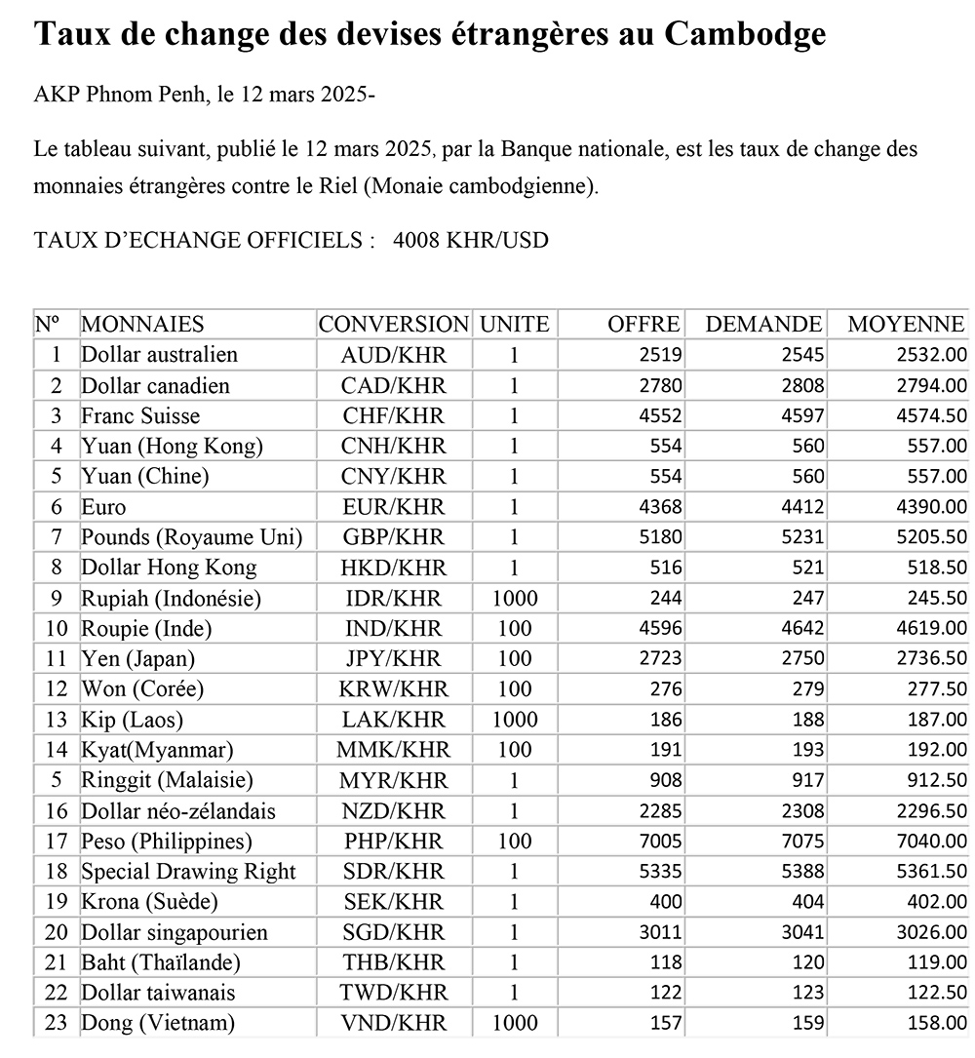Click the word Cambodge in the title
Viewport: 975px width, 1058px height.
746,34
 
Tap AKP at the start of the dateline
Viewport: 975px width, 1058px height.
54,97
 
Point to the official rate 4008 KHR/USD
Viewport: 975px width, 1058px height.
471,241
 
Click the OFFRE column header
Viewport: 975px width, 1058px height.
643,325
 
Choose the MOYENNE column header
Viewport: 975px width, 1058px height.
907,325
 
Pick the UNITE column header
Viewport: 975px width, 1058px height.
514,325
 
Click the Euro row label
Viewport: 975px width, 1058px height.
103,507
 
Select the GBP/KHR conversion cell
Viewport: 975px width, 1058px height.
393,537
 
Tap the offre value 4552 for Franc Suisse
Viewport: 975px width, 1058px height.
659,416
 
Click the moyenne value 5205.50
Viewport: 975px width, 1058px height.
931,537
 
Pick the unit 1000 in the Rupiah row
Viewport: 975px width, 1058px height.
514,598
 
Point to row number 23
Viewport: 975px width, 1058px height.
56,1023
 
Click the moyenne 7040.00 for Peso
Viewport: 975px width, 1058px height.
931,842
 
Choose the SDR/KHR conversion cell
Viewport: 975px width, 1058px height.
393,872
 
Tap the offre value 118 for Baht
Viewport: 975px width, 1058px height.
667,962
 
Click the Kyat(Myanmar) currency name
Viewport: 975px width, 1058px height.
157,750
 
